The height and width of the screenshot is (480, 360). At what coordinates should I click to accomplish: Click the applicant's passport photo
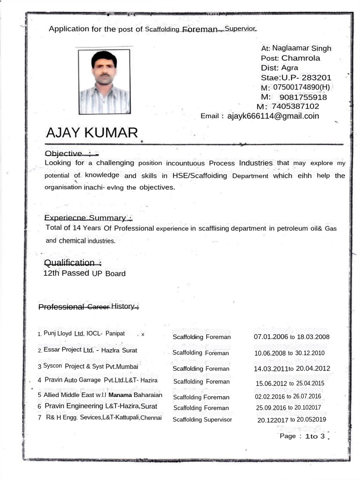coord(104,82)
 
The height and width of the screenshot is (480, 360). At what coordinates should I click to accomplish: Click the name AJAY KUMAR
coord(92,133)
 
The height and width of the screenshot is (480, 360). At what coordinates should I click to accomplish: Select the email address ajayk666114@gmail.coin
coord(273,116)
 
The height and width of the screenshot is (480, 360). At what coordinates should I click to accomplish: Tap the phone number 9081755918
coord(303,97)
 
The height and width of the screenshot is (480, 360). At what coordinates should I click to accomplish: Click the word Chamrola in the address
coord(301,58)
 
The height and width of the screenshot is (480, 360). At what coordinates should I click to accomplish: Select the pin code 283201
coord(316,77)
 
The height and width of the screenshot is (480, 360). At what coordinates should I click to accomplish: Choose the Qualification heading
coord(72,262)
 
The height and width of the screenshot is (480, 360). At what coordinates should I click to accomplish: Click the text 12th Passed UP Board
coord(84,273)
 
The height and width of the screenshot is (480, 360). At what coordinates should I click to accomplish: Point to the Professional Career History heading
coord(89,307)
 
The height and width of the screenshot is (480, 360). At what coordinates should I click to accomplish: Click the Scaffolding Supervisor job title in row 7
coord(202,420)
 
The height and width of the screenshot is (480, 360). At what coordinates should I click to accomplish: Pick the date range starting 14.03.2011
coord(292,368)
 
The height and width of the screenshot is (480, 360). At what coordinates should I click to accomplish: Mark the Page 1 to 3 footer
coord(302,436)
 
